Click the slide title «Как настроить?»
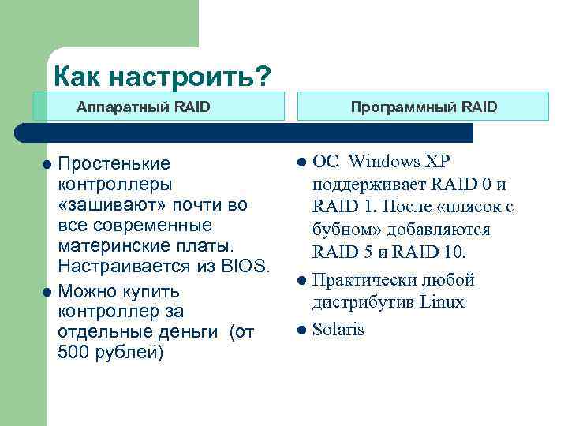point(162,77)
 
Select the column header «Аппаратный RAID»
point(143,106)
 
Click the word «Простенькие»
point(114,164)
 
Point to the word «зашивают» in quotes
point(105,205)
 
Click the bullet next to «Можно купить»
point(47,291)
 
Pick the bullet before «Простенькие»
point(47,164)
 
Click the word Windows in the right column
point(384,162)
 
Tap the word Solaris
point(338,330)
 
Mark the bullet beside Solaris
point(301,330)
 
